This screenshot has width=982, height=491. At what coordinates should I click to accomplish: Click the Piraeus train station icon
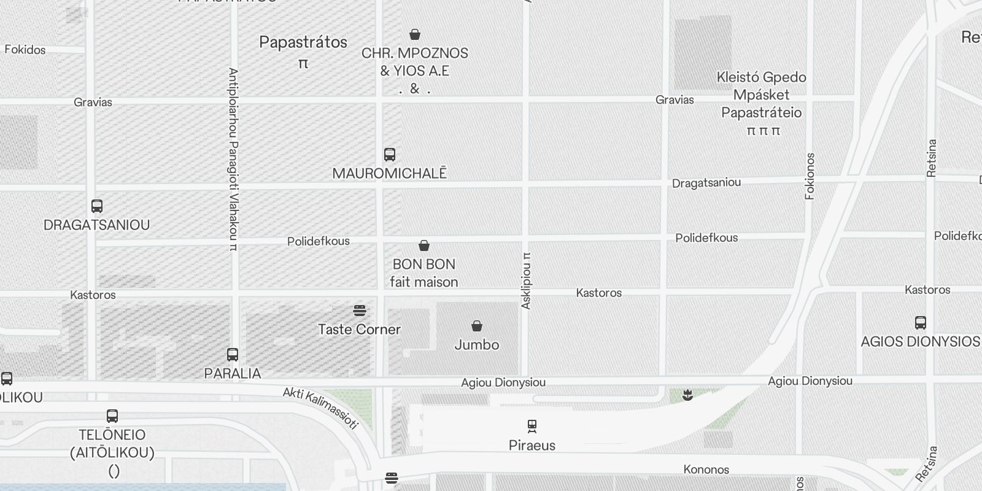[x=532, y=425]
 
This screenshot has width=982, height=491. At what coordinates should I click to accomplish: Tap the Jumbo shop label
[x=477, y=345]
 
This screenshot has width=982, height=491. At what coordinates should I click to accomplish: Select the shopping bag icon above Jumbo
[x=477, y=325]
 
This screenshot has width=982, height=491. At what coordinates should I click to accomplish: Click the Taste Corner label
[x=359, y=330]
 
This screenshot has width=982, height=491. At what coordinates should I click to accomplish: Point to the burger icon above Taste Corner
[x=360, y=311]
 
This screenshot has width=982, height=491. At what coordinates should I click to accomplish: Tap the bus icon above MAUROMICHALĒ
[x=390, y=154]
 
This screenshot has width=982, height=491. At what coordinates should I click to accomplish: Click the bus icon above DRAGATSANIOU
[x=97, y=206]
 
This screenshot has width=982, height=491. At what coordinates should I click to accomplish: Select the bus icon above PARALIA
[x=233, y=354]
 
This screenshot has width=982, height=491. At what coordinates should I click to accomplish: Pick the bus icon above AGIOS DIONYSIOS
[x=920, y=322]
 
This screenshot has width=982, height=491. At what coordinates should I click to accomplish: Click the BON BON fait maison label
[x=424, y=273]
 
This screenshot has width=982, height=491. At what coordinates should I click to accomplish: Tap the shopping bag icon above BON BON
[x=424, y=245]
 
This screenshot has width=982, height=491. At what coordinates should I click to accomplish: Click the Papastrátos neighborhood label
[x=303, y=42]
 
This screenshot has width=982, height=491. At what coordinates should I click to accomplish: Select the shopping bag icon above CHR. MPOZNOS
[x=415, y=34]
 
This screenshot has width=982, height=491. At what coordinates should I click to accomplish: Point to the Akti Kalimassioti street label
[x=320, y=408]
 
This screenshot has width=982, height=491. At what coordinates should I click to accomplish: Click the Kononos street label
[x=706, y=470]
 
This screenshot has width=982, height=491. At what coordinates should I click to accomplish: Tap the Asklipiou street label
[x=526, y=280]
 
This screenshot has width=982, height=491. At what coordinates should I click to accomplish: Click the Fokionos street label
[x=810, y=176]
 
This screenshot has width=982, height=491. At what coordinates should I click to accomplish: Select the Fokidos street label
[x=25, y=50]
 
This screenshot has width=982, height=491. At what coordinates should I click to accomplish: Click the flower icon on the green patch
[x=687, y=395]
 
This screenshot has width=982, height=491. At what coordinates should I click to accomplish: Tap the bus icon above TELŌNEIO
[x=112, y=416]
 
